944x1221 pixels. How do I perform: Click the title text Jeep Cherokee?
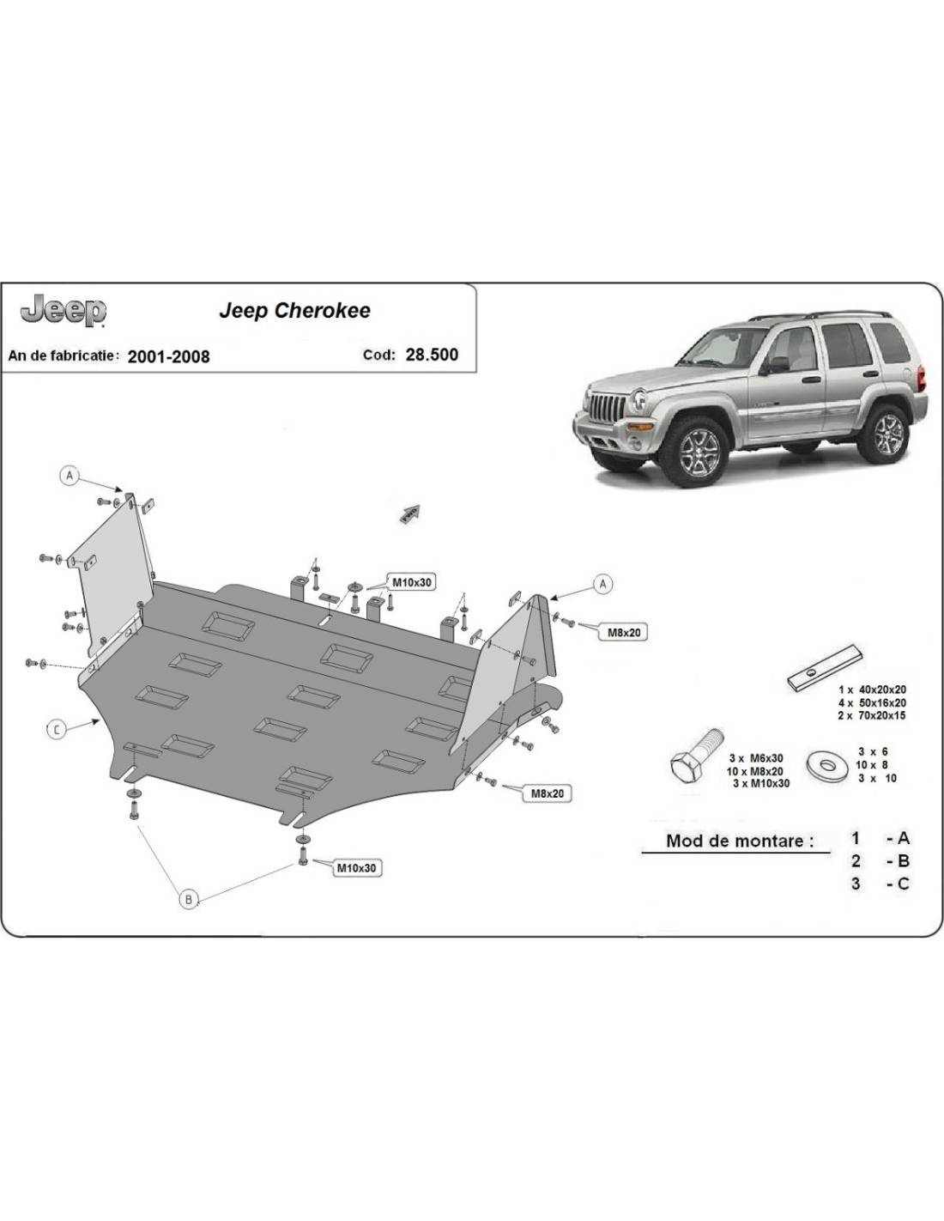click(x=294, y=311)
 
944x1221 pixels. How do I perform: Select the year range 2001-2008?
click(x=168, y=356)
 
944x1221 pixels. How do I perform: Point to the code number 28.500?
click(x=431, y=355)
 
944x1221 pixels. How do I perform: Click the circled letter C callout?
click(x=56, y=730)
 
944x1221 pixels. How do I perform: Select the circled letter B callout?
click(x=188, y=899)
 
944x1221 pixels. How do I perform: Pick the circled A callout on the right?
click(x=603, y=584)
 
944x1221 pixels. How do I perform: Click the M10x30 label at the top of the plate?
click(x=411, y=582)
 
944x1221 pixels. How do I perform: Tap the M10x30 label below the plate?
click(x=355, y=868)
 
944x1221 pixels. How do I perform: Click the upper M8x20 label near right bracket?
click(x=624, y=633)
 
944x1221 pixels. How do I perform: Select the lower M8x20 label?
click(x=547, y=793)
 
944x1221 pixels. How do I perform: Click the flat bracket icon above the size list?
click(x=828, y=666)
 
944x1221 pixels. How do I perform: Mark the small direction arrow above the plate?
click(x=408, y=513)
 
